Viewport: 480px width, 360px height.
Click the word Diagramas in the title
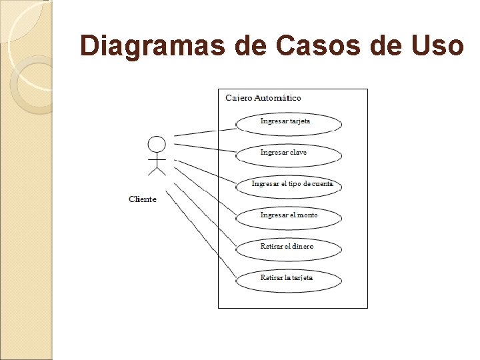coord(153,46)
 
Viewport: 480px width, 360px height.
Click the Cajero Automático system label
coord(263,98)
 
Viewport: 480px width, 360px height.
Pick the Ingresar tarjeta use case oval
coord(289,123)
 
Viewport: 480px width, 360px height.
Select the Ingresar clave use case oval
coord(289,154)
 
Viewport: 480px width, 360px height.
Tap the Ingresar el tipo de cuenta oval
coord(289,185)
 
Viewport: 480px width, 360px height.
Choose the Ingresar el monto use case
coord(289,216)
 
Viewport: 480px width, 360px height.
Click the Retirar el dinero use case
coord(289,247)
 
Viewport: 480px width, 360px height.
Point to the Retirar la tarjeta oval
coord(289,279)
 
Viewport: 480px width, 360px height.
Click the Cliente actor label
coord(143,199)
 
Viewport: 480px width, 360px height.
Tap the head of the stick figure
coord(157,144)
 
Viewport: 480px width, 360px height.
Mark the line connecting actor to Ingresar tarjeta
coord(205,131)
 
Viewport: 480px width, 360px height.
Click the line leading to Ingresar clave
coord(205,147)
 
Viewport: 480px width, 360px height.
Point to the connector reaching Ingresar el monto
coord(203,193)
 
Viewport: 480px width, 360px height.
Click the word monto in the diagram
coord(308,215)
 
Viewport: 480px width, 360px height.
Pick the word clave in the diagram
coord(298,153)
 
